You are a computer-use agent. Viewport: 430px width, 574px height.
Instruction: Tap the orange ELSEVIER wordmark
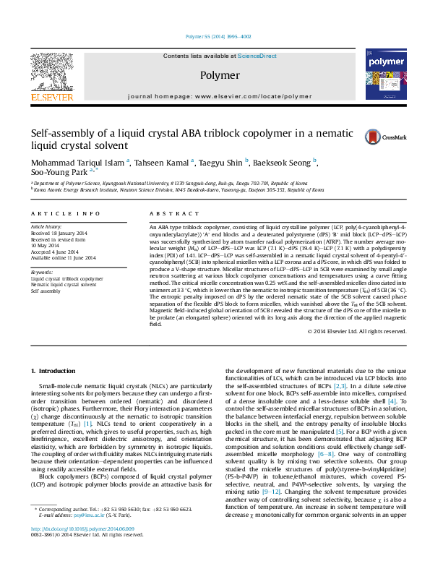point(51,97)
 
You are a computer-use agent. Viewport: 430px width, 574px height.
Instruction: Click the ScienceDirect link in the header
point(257,56)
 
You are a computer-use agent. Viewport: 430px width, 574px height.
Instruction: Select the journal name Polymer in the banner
point(220,75)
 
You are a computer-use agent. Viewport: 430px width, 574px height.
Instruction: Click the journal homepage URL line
point(220,96)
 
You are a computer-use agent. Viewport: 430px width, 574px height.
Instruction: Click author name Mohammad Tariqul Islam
point(77,163)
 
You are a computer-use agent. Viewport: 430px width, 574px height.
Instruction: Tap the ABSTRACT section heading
point(168,215)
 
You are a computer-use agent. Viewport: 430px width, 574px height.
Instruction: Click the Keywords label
point(43,272)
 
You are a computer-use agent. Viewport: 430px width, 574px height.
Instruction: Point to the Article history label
point(46,226)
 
